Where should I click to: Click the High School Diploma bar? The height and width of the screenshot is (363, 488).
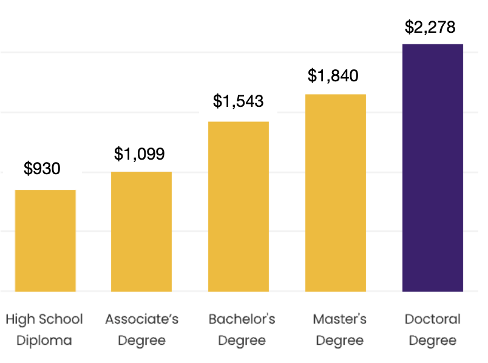point(46,240)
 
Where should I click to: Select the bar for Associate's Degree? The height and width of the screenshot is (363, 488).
point(141,231)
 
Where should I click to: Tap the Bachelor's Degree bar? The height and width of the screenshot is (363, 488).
point(239,206)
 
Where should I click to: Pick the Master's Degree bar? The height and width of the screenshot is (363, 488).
point(336,192)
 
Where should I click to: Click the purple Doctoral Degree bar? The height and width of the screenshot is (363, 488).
point(433,168)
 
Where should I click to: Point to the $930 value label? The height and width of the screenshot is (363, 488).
point(42,169)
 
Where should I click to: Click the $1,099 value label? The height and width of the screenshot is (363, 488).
point(140,154)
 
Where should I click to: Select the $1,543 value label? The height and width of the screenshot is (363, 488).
point(239,101)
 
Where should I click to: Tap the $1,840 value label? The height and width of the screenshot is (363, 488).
point(333,76)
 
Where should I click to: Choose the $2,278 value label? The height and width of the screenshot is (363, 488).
point(430,28)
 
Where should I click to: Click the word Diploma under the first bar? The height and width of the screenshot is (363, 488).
point(44,341)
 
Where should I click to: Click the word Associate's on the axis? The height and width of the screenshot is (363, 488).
point(142,319)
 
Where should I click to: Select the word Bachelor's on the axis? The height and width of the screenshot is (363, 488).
point(242,319)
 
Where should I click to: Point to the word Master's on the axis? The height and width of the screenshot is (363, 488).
point(340,319)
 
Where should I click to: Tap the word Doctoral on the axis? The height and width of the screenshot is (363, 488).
point(433,319)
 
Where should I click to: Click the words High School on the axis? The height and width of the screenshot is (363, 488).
point(44,319)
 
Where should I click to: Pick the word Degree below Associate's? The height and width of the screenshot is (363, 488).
point(142,341)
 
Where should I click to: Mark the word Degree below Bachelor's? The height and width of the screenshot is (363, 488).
point(242,341)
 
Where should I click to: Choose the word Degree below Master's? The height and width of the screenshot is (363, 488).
point(340,341)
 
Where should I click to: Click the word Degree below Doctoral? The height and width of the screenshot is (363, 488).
point(433,341)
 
